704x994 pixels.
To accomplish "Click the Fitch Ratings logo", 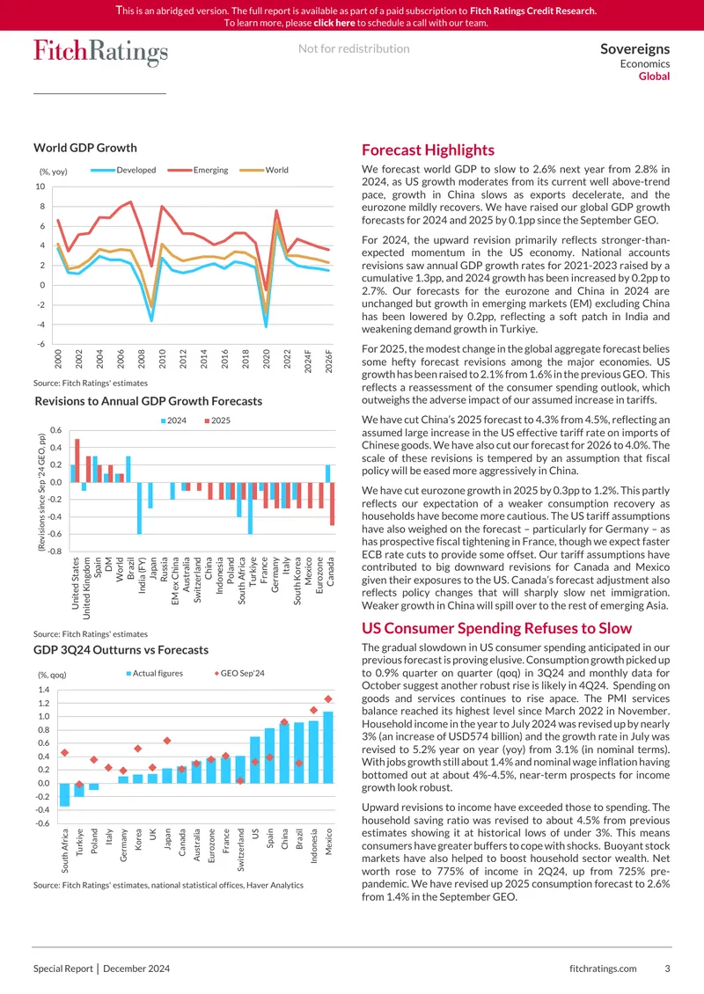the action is click(x=101, y=52).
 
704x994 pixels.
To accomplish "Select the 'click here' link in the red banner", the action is click(x=334, y=23).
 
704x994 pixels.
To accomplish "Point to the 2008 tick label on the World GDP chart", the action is click(x=142, y=360).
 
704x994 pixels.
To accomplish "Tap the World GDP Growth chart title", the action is click(x=85, y=148).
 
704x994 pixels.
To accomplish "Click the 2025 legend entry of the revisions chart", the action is click(x=216, y=420).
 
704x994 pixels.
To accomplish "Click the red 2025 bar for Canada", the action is click(x=333, y=503).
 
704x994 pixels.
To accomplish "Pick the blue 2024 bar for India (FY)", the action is click(x=140, y=508).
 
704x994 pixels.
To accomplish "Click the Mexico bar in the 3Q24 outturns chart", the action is click(x=328, y=748).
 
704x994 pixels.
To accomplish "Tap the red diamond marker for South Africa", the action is click(x=65, y=752).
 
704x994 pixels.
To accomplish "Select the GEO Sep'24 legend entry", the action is click(x=239, y=673).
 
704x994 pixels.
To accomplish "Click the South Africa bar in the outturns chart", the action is click(x=65, y=795).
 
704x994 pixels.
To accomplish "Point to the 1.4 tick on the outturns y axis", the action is click(x=44, y=690).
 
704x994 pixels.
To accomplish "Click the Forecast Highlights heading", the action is click(x=428, y=150).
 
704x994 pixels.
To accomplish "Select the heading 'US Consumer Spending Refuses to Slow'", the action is click(x=496, y=628).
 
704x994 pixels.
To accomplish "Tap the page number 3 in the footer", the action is click(x=667, y=968).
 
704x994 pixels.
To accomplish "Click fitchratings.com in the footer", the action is click(x=603, y=968).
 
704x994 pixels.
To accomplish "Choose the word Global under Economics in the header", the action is click(x=654, y=76).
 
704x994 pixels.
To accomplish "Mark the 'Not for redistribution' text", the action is click(x=354, y=48).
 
